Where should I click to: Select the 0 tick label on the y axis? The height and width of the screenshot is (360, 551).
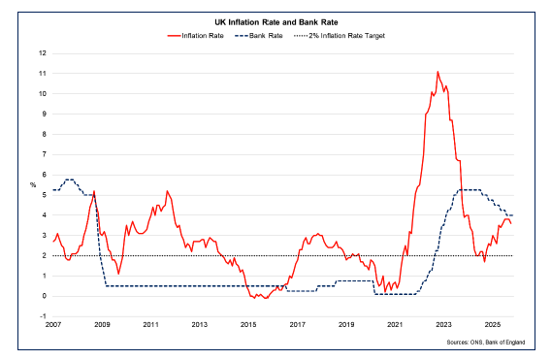tap(43, 296)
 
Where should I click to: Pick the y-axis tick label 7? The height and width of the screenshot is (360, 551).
tap(43, 154)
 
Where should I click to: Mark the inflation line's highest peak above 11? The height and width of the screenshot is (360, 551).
tap(438, 72)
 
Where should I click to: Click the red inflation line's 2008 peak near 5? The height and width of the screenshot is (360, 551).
tap(94, 191)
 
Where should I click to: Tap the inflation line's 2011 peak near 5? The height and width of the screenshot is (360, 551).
tap(167, 191)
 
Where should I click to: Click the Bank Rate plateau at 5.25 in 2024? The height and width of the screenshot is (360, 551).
tap(470, 190)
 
